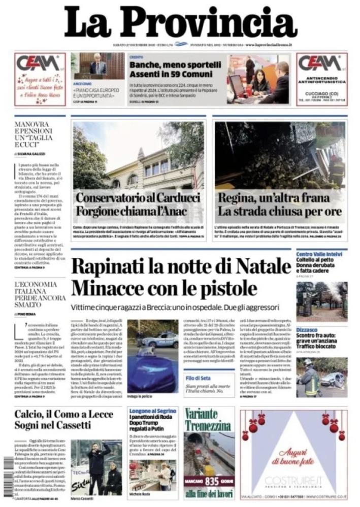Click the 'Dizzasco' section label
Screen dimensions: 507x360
[x=307, y=329]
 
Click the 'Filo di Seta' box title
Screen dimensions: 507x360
[x=199, y=378]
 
